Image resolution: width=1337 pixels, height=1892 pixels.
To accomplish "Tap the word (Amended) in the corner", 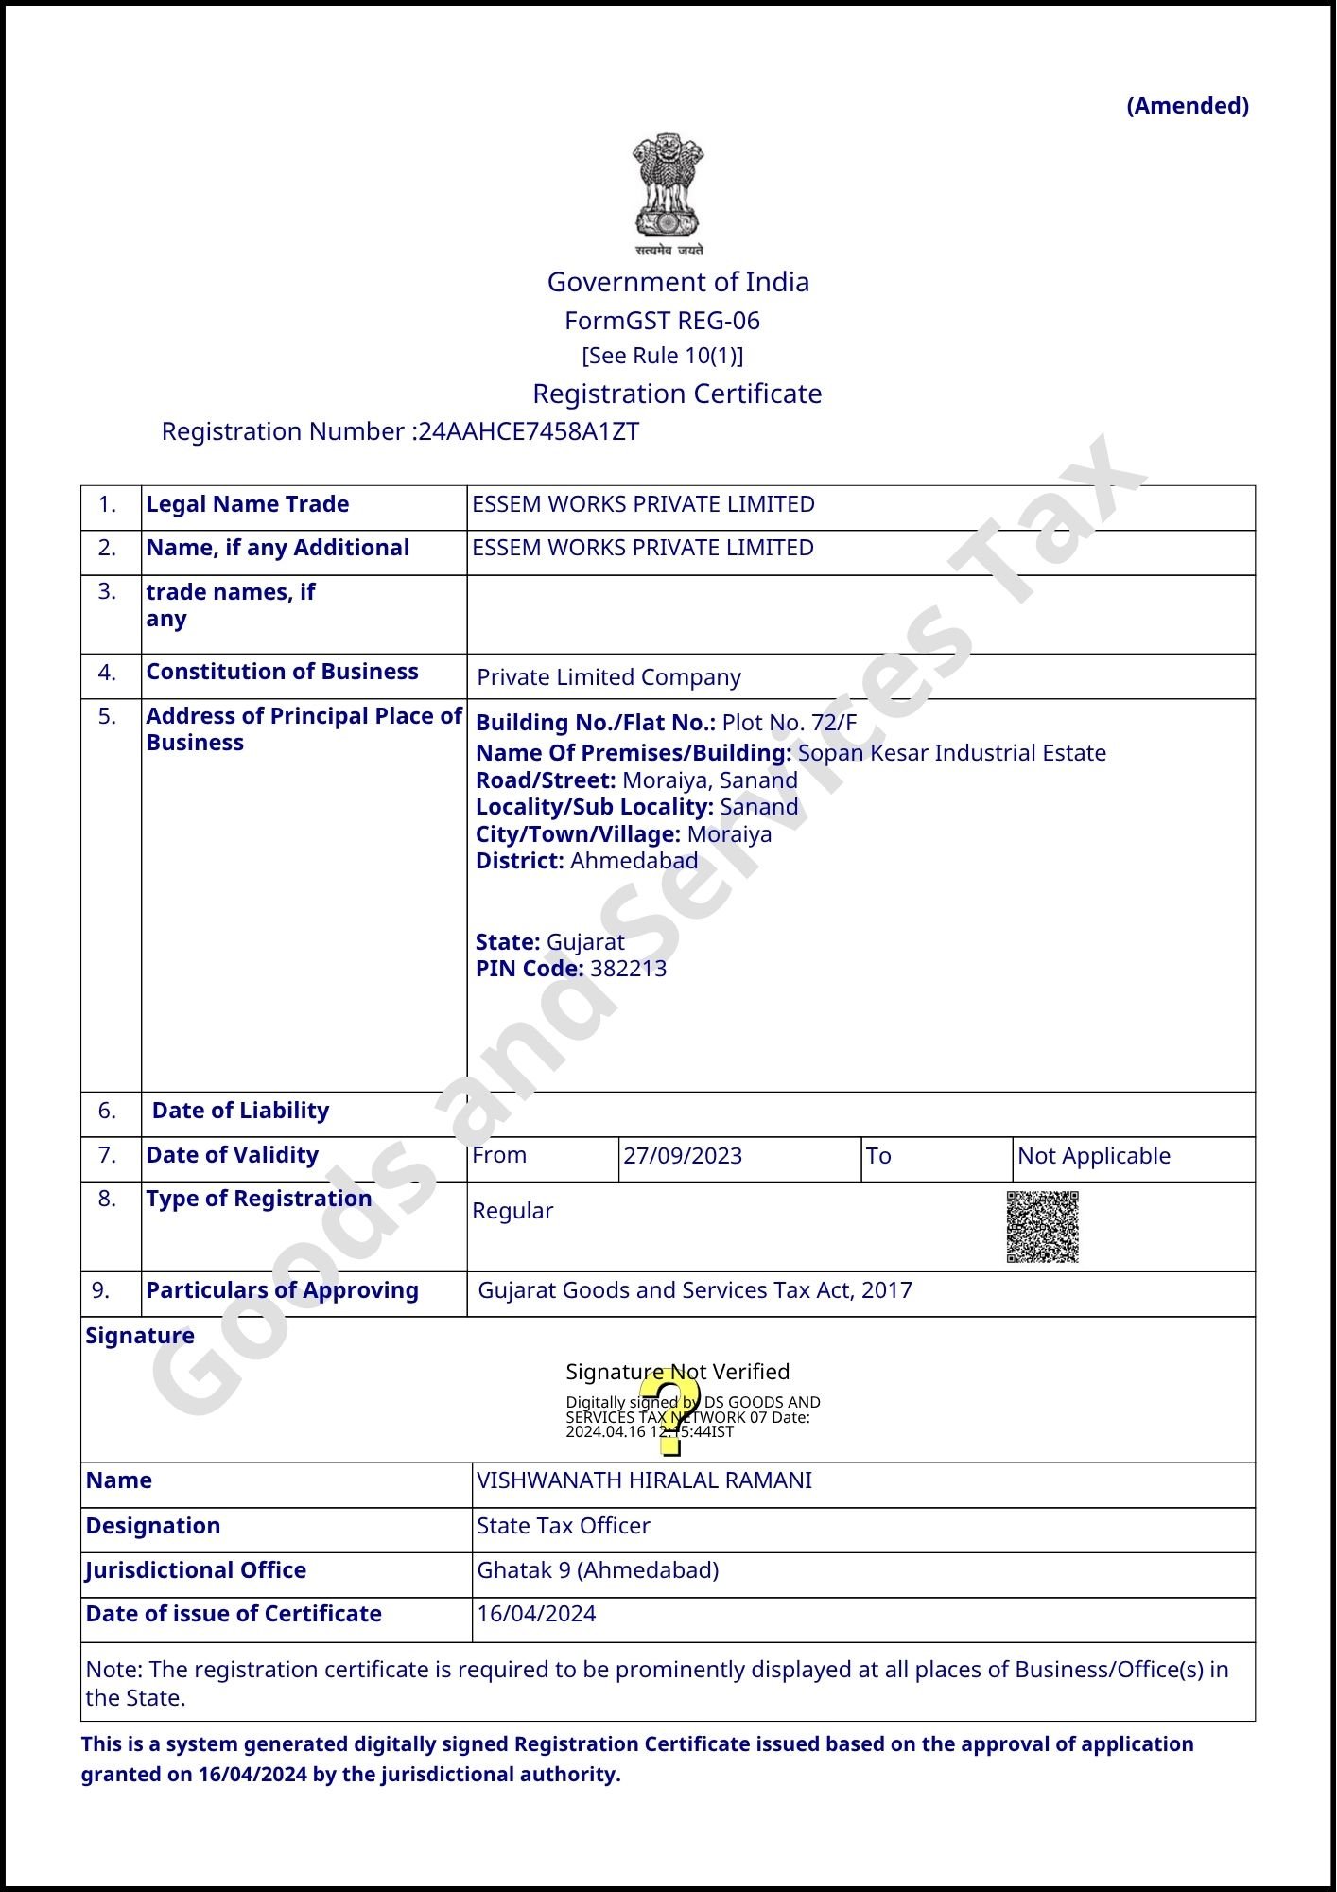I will point(1188,106).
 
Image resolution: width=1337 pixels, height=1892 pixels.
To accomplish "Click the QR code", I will point(1042,1227).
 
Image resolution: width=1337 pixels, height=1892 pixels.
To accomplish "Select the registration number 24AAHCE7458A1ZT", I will point(529,431).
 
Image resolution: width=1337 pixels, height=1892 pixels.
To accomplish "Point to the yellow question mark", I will point(670,1411).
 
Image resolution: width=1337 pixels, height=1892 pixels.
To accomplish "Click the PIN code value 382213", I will point(628,969).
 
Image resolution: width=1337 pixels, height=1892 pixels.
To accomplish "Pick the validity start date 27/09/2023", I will point(683,1156).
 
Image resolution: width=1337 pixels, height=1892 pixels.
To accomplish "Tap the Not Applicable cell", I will point(1094,1156).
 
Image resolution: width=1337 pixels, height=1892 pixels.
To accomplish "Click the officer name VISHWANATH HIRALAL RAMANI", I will point(644,1480).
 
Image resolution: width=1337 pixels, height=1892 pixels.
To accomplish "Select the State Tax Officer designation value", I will point(564,1526).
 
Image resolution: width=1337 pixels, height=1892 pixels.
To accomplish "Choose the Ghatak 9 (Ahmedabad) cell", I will point(598,1570).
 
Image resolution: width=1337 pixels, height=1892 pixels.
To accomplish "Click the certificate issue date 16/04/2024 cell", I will point(536,1614).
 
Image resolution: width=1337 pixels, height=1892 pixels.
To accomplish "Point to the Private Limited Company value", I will point(609,677).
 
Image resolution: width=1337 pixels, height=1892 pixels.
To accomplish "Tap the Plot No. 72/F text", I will point(790,723).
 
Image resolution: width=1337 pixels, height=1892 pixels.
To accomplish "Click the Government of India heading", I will point(678,282).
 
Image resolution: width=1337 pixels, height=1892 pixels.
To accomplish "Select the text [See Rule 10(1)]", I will point(663,356).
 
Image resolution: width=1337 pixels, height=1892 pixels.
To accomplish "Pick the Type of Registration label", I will point(259,1199).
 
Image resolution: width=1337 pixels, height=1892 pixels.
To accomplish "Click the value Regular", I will point(512,1211).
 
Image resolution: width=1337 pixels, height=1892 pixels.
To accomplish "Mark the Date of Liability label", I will point(240,1111).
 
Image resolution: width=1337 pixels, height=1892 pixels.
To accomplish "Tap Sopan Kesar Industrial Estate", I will point(951,753).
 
